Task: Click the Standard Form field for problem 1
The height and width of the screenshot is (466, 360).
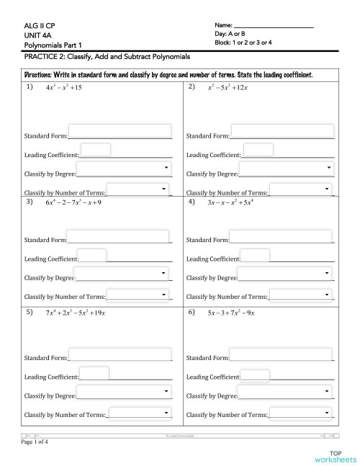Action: coord(120,132)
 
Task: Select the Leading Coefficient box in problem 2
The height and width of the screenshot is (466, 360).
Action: coord(264,150)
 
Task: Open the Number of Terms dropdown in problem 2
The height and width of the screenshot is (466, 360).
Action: coord(302,189)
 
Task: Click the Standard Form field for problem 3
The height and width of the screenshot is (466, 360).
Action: coord(118,237)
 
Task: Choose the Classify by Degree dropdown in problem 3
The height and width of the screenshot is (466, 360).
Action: coord(122,274)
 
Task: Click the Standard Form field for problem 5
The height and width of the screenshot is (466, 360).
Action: coord(120,355)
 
